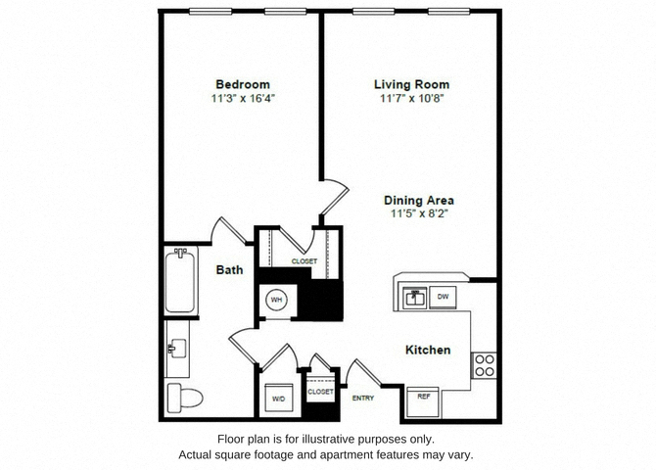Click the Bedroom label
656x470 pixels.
(243, 84)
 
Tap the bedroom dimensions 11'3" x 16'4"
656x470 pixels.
(243, 98)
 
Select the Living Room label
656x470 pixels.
(411, 84)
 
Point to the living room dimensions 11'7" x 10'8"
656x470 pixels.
(411, 98)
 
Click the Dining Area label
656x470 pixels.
(419, 200)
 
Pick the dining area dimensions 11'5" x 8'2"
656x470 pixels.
(419, 213)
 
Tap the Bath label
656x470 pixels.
(229, 270)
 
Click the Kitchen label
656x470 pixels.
(428, 350)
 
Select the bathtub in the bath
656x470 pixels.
(180, 281)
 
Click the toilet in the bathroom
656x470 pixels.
(184, 398)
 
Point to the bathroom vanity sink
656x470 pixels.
(177, 349)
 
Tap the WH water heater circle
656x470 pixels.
(276, 300)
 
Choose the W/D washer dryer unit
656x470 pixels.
(279, 398)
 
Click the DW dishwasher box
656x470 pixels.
(443, 297)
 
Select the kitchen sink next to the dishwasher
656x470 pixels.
(414, 298)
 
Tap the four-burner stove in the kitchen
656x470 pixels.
(485, 365)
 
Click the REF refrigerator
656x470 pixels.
(423, 402)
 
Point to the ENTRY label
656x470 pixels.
(363, 398)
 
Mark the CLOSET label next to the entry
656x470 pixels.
(320, 392)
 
